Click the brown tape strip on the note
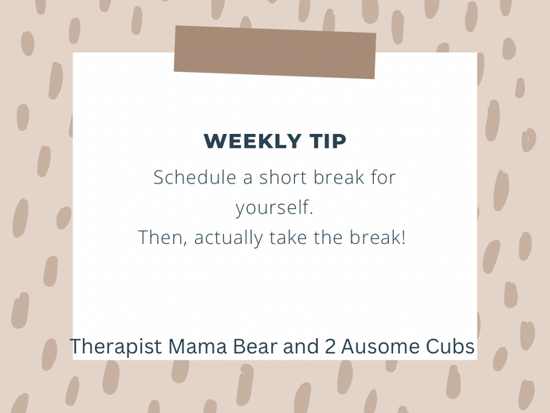[x=275, y=52]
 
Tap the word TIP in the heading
[x=328, y=141]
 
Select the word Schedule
[x=194, y=177]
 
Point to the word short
[x=283, y=177]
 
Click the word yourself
[x=272, y=208]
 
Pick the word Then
[x=160, y=238]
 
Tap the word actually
[x=228, y=238]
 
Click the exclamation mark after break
[x=403, y=238]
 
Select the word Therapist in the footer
[x=116, y=347]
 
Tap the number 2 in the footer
[x=330, y=346]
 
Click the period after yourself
[x=311, y=212]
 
